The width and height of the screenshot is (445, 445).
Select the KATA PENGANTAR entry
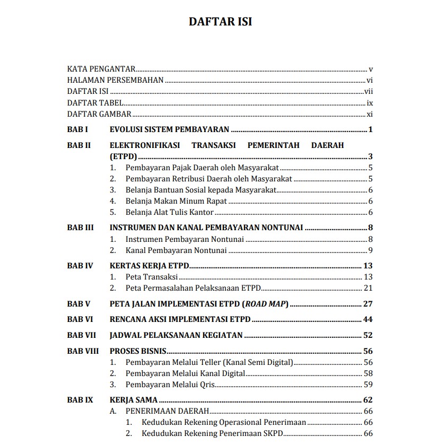(101, 69)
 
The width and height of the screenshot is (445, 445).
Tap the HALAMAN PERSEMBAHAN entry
(115, 81)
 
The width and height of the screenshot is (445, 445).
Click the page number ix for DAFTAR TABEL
(370, 103)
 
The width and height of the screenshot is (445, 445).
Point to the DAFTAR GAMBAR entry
(99, 115)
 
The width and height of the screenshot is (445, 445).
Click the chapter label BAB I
(77, 129)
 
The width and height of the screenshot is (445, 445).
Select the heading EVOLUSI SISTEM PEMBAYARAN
(169, 129)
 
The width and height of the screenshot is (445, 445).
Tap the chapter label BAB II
(79, 145)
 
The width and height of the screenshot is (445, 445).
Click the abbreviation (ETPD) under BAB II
(124, 156)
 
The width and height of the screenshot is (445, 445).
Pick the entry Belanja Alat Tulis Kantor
(169, 213)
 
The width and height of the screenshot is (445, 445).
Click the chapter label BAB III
(81, 228)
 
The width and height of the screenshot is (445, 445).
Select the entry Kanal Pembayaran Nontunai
(176, 250)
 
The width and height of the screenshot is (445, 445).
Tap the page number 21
(368, 288)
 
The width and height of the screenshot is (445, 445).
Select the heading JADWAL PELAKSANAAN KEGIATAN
(176, 335)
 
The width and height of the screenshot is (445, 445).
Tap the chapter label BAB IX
(80, 400)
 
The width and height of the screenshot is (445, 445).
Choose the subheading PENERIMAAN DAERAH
(167, 411)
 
